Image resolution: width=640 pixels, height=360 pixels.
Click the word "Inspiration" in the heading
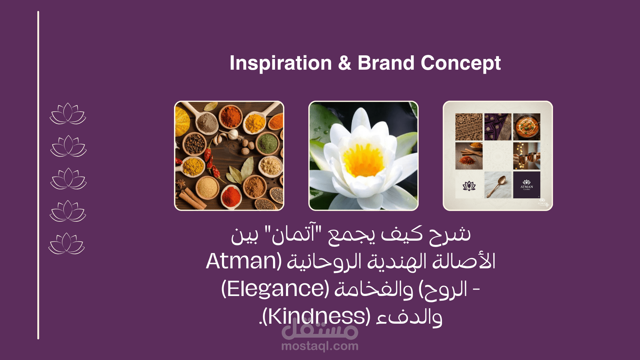coord(281,63)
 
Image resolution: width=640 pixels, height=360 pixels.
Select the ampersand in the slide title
coord(345,63)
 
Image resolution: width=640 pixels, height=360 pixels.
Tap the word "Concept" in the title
coord(461,63)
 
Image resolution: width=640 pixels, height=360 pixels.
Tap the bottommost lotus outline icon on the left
coord(67,243)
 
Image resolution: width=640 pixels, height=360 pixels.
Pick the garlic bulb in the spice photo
coord(233,134)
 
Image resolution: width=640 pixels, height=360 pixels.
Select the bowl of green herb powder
coord(267,143)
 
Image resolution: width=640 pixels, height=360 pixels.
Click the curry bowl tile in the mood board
coord(527,127)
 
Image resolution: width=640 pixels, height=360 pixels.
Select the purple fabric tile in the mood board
coord(498,127)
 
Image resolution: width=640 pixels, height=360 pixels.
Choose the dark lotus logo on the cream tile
coord(469,186)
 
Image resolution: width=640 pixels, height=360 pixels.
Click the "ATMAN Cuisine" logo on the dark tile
coord(527,185)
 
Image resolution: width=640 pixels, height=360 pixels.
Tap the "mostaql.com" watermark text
coord(320,346)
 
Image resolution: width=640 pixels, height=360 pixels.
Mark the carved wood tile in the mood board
coord(469,127)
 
